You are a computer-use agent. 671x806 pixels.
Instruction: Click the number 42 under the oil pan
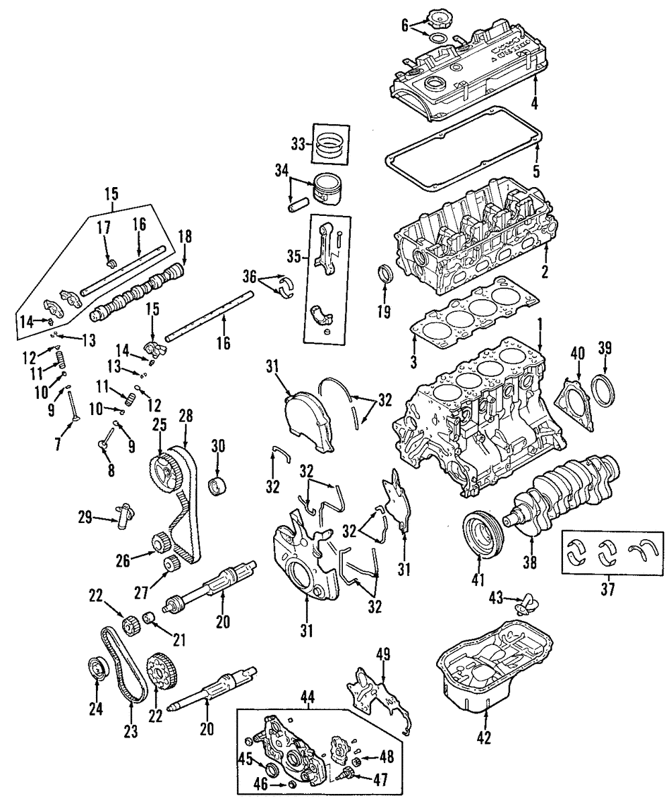click(x=484, y=738)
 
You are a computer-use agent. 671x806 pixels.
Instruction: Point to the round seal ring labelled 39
click(x=606, y=392)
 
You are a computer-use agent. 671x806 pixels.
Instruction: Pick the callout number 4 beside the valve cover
click(x=535, y=103)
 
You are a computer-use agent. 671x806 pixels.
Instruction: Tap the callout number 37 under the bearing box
click(x=609, y=589)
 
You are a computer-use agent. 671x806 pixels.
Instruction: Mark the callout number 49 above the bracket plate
click(x=383, y=654)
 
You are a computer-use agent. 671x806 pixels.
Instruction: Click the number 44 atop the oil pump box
click(x=307, y=697)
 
